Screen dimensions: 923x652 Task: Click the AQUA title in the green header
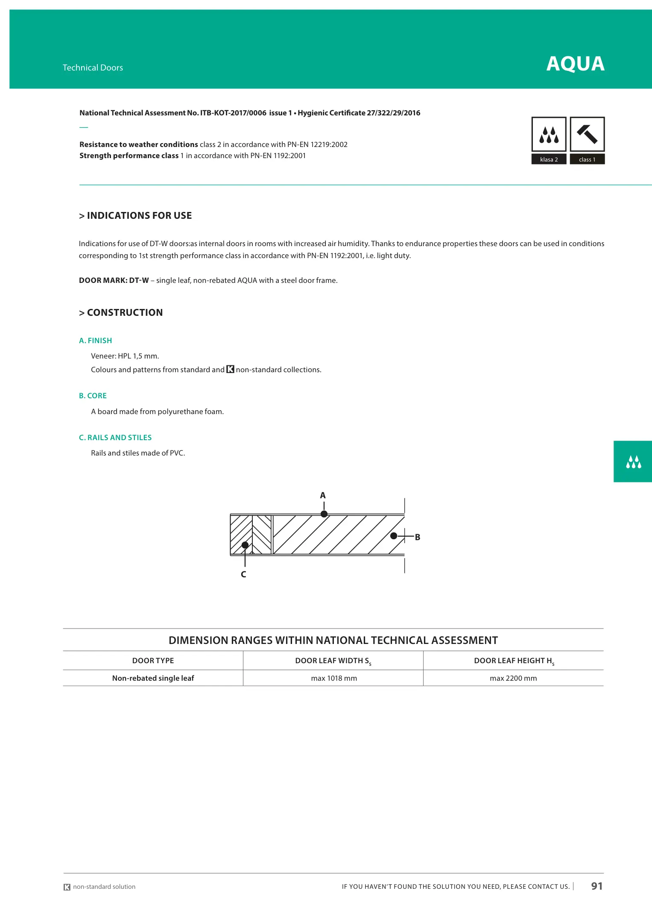click(x=575, y=64)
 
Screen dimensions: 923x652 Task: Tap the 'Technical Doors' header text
click(x=93, y=68)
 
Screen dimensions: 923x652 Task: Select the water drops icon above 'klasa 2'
click(x=549, y=134)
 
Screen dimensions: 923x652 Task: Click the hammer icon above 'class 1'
click(x=587, y=134)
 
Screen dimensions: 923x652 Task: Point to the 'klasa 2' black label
click(x=549, y=159)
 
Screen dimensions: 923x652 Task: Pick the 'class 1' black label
click(x=587, y=159)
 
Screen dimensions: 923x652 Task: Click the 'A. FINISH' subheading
click(x=95, y=341)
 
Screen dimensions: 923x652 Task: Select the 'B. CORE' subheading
click(x=93, y=396)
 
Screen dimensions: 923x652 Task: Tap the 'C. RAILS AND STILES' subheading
click(x=115, y=438)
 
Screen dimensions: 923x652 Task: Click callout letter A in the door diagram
click(x=323, y=496)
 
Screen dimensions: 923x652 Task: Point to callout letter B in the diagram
click(x=418, y=537)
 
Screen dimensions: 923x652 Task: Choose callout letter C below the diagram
click(x=243, y=574)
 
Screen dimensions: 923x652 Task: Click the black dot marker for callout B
click(x=394, y=536)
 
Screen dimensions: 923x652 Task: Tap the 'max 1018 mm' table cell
click(x=334, y=678)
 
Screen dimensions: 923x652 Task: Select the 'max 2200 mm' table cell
click(x=513, y=678)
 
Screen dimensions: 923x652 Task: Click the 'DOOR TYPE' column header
click(x=153, y=661)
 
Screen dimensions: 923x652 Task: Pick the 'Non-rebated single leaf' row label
click(x=153, y=678)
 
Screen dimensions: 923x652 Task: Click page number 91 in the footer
click(x=596, y=886)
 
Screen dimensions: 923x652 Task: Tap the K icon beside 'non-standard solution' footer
click(x=67, y=887)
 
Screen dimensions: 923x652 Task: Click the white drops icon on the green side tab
click(x=633, y=462)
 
